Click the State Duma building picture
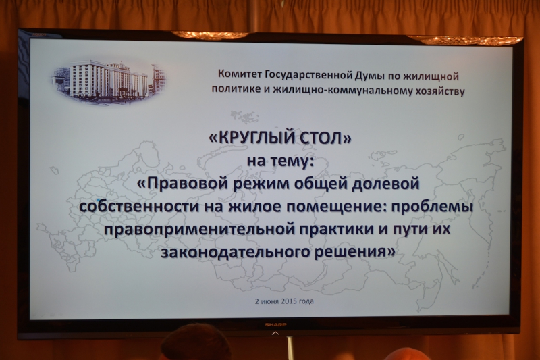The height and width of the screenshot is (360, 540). pyautogui.click(x=109, y=81)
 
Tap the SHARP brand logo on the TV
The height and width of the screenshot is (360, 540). pyautogui.click(x=275, y=324)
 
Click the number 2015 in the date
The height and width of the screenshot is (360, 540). pyautogui.click(x=289, y=301)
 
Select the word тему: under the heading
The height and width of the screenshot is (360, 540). pyautogui.click(x=292, y=161)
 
